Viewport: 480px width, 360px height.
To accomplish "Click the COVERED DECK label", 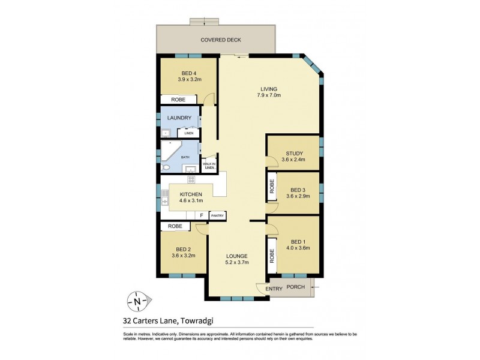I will pyautogui.click(x=221, y=40).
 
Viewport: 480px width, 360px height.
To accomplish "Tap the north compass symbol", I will pyautogui.click(x=139, y=301).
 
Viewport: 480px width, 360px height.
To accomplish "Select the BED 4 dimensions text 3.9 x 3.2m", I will pyautogui.click(x=189, y=79).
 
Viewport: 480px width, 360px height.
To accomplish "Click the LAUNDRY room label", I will pyautogui.click(x=179, y=118).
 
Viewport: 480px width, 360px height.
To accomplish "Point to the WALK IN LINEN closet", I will pyautogui.click(x=209, y=165).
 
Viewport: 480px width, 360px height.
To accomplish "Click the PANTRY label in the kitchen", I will pyautogui.click(x=217, y=215).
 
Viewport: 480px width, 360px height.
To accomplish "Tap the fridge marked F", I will pyautogui.click(x=201, y=215).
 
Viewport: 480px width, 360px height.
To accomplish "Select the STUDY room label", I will pyautogui.click(x=294, y=153).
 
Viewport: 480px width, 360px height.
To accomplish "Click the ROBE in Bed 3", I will pyautogui.click(x=272, y=189).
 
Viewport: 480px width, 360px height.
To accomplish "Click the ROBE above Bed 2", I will pyautogui.click(x=175, y=226).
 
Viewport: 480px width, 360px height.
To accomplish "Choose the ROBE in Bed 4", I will pyautogui.click(x=178, y=100).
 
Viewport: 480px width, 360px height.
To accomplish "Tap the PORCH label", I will pyautogui.click(x=296, y=287).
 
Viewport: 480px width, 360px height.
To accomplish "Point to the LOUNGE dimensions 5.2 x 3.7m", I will pyautogui.click(x=237, y=263).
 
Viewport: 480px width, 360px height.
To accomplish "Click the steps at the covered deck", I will pyautogui.click(x=205, y=22).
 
